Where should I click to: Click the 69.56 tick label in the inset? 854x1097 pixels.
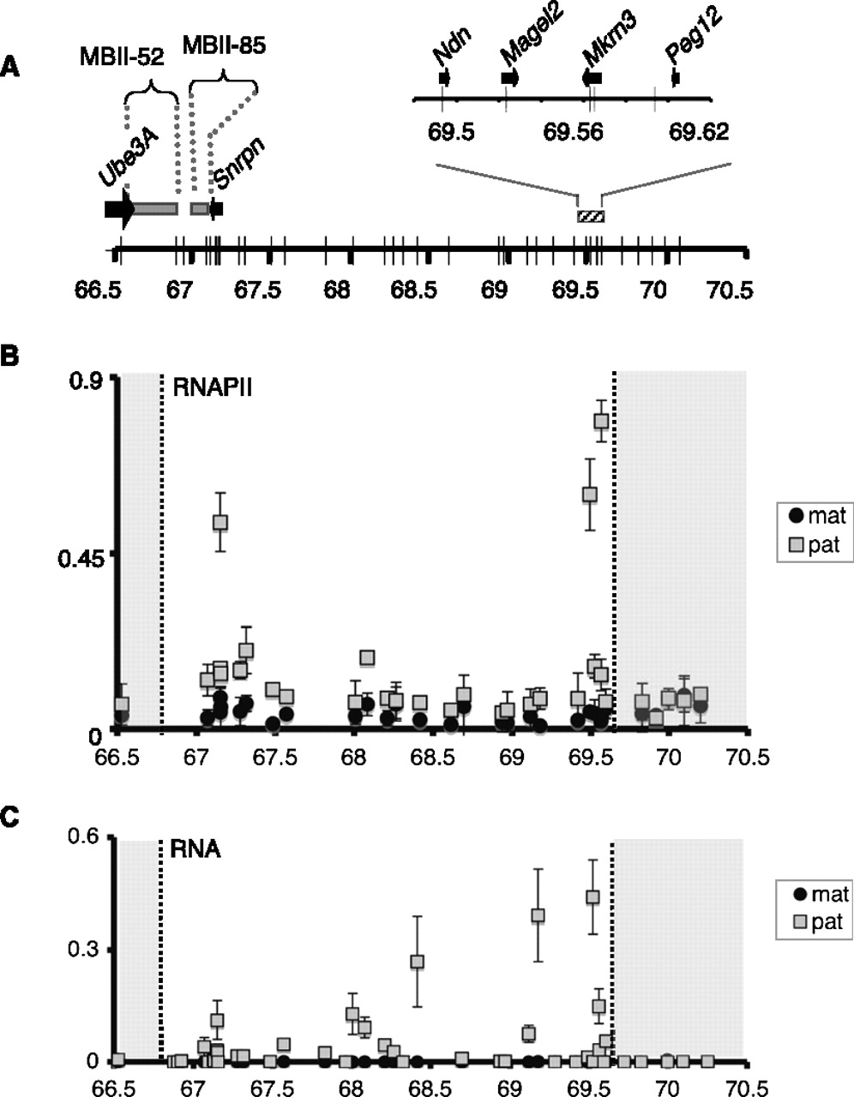pyautogui.click(x=573, y=132)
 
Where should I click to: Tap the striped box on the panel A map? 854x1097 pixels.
pyautogui.click(x=591, y=215)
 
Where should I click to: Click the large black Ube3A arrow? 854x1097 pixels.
pyautogui.click(x=119, y=208)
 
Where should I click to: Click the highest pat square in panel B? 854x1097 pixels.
pyautogui.click(x=601, y=421)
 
